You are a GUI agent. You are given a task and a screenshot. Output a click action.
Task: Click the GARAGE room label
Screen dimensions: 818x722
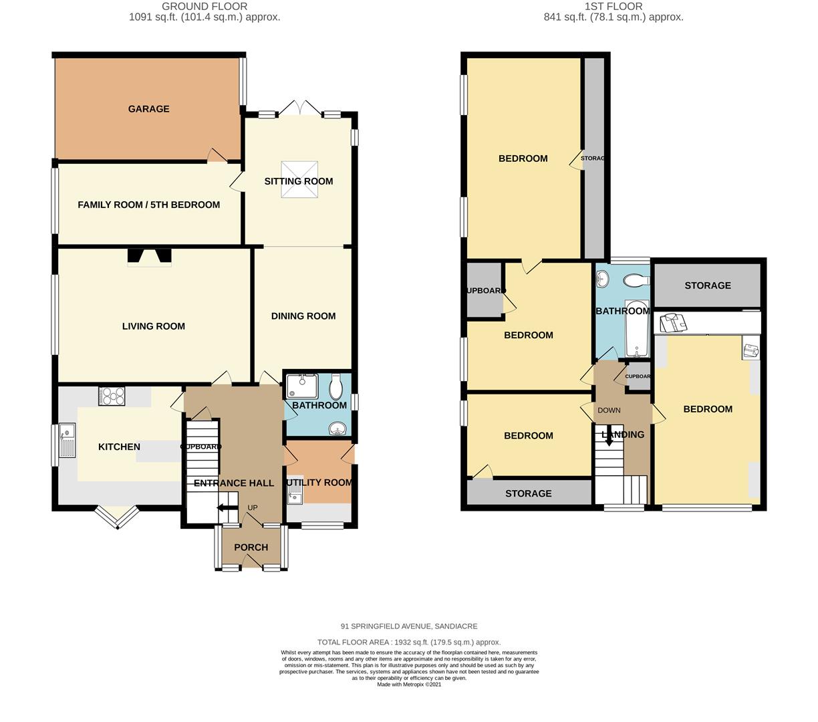pos(148,109)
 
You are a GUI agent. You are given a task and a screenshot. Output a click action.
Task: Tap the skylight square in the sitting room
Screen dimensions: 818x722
pos(299,180)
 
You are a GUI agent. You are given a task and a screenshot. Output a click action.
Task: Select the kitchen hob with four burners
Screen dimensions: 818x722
pos(112,396)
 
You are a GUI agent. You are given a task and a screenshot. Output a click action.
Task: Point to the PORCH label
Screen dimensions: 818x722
pos(251,547)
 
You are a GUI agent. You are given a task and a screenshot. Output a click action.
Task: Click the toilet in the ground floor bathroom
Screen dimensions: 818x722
pos(336,386)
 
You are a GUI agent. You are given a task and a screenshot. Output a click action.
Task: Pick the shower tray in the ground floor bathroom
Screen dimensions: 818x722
pos(302,386)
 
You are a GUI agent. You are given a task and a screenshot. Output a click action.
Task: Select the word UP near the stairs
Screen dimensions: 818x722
pos(253,507)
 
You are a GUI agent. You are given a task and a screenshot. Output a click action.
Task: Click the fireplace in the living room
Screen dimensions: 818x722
pos(150,257)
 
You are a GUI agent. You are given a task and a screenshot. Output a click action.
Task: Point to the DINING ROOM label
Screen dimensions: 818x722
pos(303,316)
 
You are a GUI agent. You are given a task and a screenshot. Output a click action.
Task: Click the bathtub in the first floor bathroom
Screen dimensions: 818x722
pos(637,328)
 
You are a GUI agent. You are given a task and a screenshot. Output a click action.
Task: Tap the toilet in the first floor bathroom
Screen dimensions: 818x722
pos(636,280)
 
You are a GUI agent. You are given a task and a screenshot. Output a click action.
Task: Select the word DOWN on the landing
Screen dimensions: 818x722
pos(609,410)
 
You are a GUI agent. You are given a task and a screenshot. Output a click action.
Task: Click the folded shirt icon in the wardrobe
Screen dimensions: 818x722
pos(673,323)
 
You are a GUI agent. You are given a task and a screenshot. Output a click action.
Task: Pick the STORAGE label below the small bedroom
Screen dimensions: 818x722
pos(528,493)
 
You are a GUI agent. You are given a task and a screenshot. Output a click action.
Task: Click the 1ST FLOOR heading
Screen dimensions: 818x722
pos(613,6)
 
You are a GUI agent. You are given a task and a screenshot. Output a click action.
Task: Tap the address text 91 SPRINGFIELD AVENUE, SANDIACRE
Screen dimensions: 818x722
pos(409,626)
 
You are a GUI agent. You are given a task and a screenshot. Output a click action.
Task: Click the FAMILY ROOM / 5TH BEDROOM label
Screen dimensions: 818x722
pos(148,205)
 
